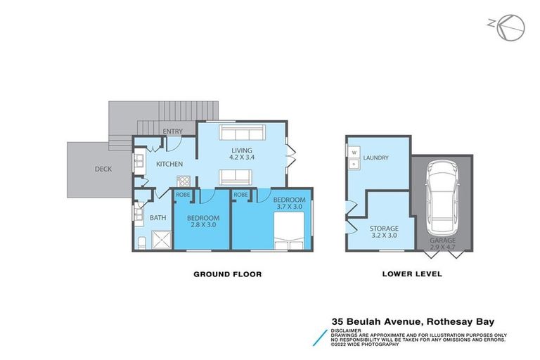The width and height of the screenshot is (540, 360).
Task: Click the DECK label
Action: [x=103, y=169]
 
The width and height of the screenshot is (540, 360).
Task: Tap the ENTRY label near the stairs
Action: [x=172, y=131]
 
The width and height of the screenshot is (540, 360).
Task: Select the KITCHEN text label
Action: [x=170, y=164]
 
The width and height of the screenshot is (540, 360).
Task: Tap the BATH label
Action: [x=157, y=218]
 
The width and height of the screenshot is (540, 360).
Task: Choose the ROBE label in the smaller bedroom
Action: [x=182, y=194]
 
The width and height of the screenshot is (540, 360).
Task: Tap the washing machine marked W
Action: [x=354, y=152]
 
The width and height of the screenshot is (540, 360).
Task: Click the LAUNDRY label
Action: [x=377, y=158]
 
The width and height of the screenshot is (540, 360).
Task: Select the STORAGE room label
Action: [x=384, y=229]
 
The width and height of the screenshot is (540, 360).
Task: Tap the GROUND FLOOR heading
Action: [x=227, y=274]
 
